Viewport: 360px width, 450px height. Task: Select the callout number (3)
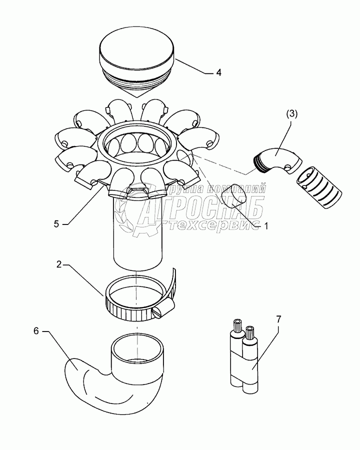tap(292, 113)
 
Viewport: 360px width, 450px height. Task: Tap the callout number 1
tap(266, 226)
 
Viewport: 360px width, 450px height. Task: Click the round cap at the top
tap(137, 54)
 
